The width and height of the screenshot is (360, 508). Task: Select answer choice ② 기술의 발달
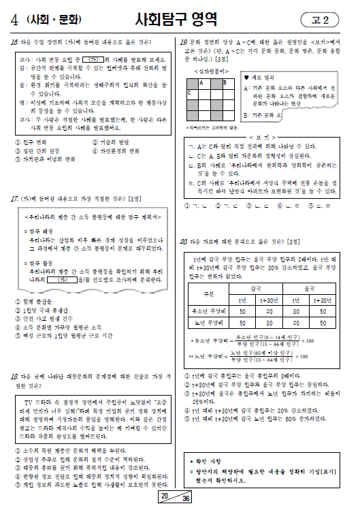click(x=115, y=142)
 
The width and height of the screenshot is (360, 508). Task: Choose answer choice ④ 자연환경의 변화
click(x=119, y=150)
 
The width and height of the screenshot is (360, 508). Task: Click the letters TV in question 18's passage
click(x=27, y=401)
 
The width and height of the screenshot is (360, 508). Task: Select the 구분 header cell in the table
click(x=208, y=294)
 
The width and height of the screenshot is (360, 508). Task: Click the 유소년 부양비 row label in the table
click(x=208, y=309)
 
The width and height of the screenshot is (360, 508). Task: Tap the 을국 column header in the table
click(x=312, y=289)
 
